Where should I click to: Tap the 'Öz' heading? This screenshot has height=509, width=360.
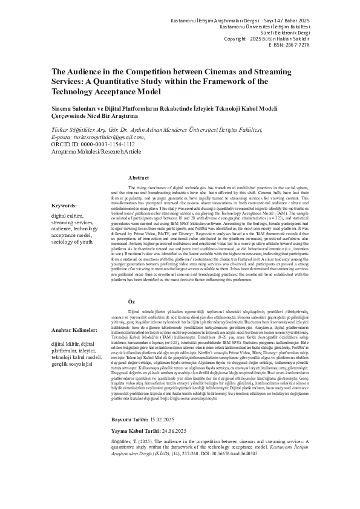131,301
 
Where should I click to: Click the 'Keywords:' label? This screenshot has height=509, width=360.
64,206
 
